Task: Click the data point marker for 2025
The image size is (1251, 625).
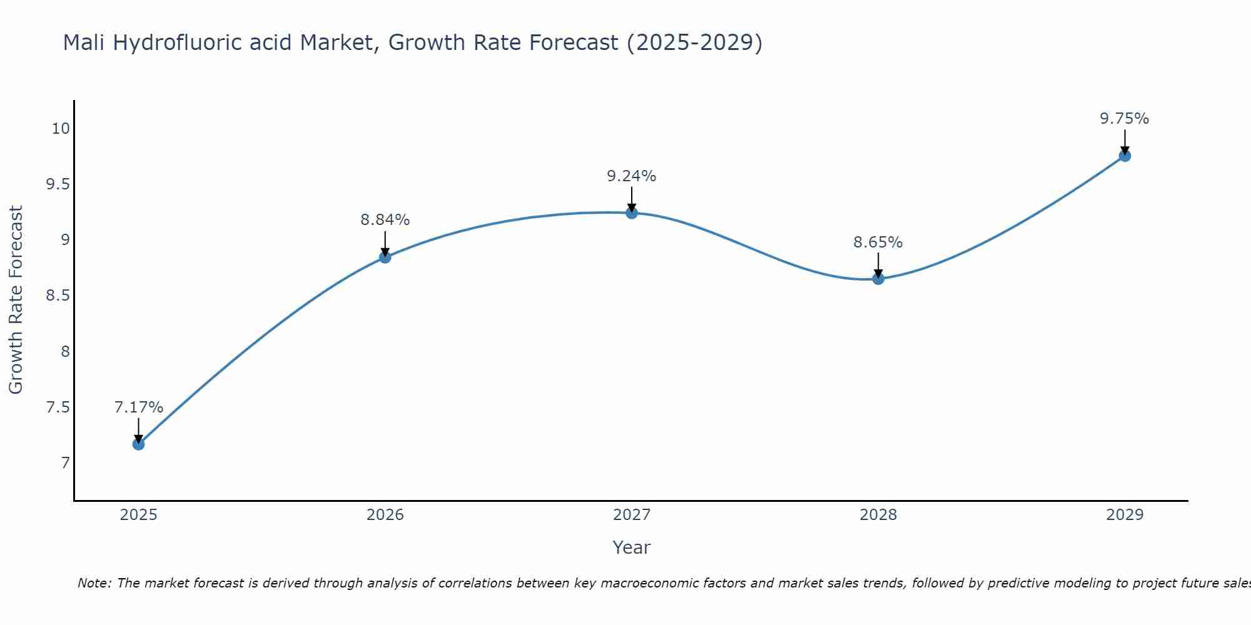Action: click(138, 444)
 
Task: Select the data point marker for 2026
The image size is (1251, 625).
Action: click(385, 257)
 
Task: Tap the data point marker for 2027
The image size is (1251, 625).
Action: click(632, 212)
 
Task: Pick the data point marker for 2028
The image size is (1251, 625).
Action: click(878, 278)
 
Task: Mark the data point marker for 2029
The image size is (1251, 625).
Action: click(1125, 156)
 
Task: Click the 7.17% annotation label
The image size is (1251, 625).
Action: click(138, 407)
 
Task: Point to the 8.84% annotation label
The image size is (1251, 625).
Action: click(385, 220)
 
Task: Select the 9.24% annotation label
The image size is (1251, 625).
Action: click(632, 176)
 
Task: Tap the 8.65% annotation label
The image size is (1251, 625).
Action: click(878, 242)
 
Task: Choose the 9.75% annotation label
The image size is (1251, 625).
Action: click(1125, 119)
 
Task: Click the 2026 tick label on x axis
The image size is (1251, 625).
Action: click(385, 515)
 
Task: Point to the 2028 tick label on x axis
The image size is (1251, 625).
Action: click(878, 515)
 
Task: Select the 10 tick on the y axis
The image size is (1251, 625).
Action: click(60, 129)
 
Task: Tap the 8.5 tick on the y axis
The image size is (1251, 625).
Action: click(58, 296)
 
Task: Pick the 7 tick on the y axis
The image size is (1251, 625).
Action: click(65, 463)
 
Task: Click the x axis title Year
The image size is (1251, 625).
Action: click(632, 547)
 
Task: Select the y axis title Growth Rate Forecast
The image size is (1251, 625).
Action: click(16, 300)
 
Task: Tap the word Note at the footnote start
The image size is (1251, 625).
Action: click(93, 583)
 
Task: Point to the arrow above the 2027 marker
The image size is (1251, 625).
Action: click(632, 199)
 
